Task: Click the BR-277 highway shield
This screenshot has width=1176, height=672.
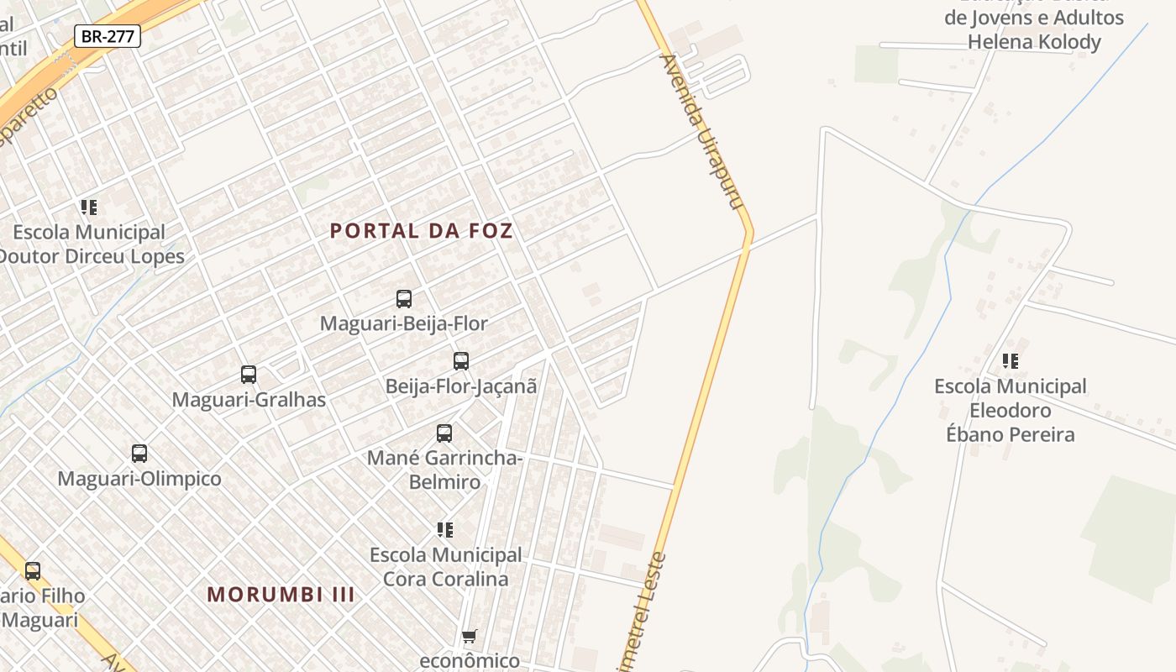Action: (x=107, y=36)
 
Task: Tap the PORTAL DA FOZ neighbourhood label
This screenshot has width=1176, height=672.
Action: (x=421, y=231)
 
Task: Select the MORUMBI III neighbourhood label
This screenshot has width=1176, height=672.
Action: (x=281, y=595)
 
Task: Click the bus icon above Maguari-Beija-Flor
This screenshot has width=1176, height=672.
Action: (x=404, y=298)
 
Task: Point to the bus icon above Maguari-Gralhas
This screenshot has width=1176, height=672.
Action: (x=249, y=375)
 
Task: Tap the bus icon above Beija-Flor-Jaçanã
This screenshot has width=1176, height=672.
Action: (x=461, y=361)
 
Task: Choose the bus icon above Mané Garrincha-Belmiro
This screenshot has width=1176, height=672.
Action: (x=444, y=433)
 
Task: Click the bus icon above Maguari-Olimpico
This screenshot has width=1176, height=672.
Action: (x=139, y=454)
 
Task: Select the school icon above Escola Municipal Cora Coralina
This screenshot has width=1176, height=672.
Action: (x=445, y=530)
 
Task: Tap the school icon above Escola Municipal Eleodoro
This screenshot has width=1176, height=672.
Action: (x=1011, y=361)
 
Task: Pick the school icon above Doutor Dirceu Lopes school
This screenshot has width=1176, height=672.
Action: (x=89, y=207)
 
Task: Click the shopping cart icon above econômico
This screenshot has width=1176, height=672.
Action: (x=470, y=636)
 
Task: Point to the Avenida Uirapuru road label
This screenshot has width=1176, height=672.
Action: (x=705, y=131)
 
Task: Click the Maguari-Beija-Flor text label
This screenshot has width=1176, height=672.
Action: (x=404, y=323)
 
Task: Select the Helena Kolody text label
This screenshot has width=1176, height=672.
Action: (x=1034, y=42)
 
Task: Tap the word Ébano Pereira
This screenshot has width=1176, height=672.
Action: (x=1011, y=434)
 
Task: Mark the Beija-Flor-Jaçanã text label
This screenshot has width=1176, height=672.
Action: (x=461, y=386)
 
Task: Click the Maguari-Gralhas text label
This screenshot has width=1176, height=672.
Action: (x=249, y=400)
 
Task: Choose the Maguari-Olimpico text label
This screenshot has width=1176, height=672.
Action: (x=139, y=479)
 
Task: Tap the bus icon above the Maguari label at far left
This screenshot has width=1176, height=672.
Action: (x=33, y=571)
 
